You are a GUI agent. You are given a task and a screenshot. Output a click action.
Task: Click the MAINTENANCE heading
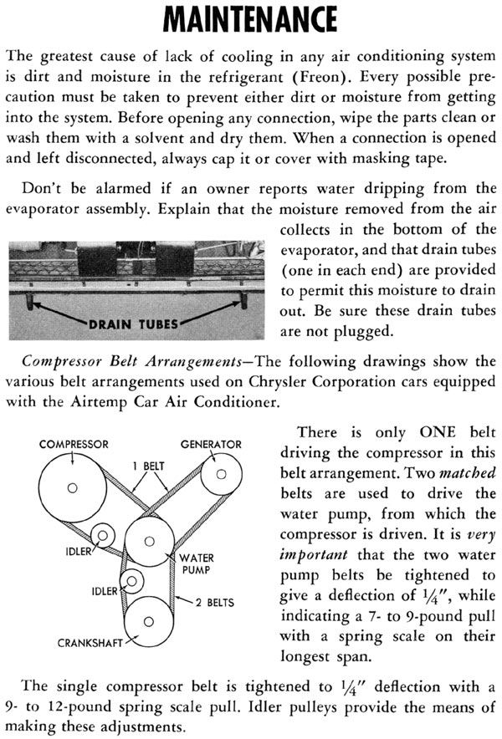[250, 19]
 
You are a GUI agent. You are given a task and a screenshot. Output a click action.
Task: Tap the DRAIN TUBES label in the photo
[134, 324]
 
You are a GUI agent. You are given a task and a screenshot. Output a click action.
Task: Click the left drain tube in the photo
[30, 302]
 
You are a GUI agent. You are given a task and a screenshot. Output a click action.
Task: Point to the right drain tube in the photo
[243, 301]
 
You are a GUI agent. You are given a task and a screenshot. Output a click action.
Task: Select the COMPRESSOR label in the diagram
[74, 445]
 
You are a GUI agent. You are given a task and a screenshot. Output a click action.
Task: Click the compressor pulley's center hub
[72, 488]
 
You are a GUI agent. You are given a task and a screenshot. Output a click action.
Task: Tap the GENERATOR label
[211, 445]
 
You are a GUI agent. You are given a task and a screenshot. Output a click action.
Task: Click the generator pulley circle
[221, 474]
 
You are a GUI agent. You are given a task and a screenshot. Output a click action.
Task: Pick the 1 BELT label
[149, 466]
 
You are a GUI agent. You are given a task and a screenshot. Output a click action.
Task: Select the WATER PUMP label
[197, 563]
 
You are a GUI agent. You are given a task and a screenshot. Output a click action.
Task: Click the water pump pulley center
[150, 542]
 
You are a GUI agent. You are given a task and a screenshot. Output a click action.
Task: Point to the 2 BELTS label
[215, 603]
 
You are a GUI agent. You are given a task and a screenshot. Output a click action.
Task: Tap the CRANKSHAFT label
[90, 643]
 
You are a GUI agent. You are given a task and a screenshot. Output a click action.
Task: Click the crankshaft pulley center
[149, 622]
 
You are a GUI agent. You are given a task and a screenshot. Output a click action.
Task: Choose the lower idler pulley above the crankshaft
[131, 581]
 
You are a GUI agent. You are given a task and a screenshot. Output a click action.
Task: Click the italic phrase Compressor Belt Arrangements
[131, 362]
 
